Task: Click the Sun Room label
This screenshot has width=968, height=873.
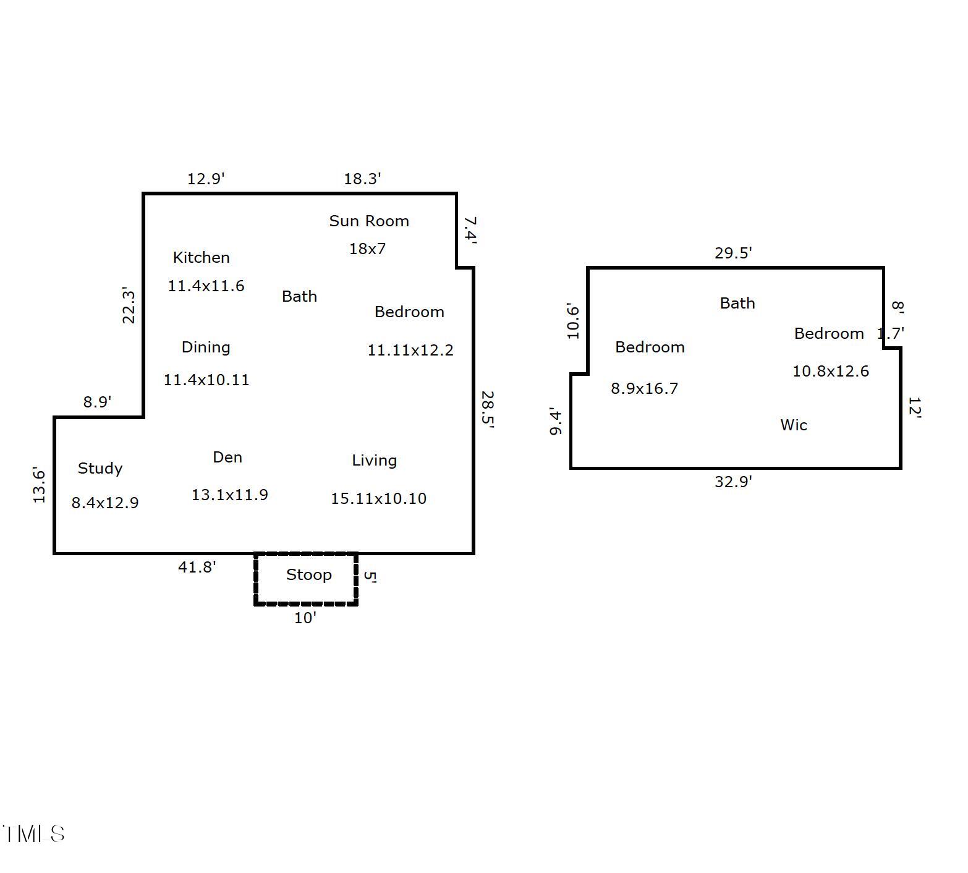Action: coord(369,221)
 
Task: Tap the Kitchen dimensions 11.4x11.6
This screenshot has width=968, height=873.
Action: coord(206,286)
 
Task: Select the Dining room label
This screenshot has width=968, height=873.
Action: coord(206,347)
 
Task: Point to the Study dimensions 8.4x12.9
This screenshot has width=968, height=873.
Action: coord(105,503)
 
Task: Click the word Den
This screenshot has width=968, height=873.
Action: coord(227,457)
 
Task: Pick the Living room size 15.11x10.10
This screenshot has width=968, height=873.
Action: coord(378,498)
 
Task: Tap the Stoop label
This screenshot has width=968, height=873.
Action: coord(309,575)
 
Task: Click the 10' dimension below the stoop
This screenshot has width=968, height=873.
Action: coord(305,618)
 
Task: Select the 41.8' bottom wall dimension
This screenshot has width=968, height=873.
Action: coord(197,566)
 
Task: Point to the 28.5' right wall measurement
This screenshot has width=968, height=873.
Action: coord(488,409)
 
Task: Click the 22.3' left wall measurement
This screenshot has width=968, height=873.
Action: coord(129,305)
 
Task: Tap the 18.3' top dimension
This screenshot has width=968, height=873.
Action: coord(362,179)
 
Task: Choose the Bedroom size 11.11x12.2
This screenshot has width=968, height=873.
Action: coord(410,350)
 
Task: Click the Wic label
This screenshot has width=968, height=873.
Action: coord(794,425)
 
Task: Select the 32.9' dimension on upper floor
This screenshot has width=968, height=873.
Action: coord(733,482)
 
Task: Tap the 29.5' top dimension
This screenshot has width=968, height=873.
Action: coord(733,253)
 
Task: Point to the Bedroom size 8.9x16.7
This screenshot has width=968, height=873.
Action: coord(645,388)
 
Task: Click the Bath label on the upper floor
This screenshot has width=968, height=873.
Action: coord(737,303)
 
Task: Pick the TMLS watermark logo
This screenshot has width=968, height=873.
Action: coord(33,833)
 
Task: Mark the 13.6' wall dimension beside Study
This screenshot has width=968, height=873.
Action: coord(40,485)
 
